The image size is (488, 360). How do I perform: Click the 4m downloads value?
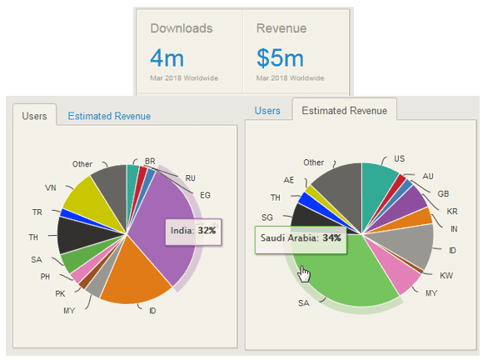point(167,58)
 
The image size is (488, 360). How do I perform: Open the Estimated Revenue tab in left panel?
point(109,116)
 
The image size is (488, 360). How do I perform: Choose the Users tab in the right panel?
point(267,111)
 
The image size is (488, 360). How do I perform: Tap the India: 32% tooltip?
point(194,229)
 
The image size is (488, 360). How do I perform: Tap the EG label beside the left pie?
point(206,193)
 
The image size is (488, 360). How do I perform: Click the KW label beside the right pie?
point(447,273)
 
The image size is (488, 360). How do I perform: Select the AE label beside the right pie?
point(288,180)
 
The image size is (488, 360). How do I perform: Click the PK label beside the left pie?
point(59,293)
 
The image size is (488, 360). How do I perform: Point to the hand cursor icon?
point(305,275)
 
